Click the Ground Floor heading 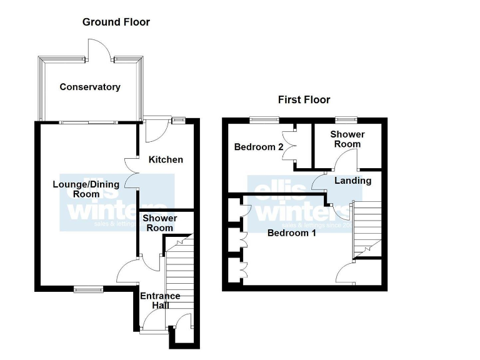pyautogui.click(x=116, y=22)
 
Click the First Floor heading pyautogui.click(x=304, y=99)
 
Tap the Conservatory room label pyautogui.click(x=90, y=87)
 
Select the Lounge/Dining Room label pyautogui.click(x=77, y=189)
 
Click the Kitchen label pyautogui.click(x=166, y=159)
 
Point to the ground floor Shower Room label pyautogui.click(x=159, y=223)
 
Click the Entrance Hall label pyautogui.click(x=160, y=300)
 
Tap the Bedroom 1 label pyautogui.click(x=291, y=233)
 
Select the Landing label pyautogui.click(x=353, y=181)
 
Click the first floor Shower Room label pyautogui.click(x=347, y=139)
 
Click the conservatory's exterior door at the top pyautogui.click(x=100, y=50)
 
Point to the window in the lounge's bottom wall pyautogui.click(x=87, y=289)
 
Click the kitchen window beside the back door pyautogui.click(x=179, y=120)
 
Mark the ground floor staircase pyautogui.click(x=180, y=275)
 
